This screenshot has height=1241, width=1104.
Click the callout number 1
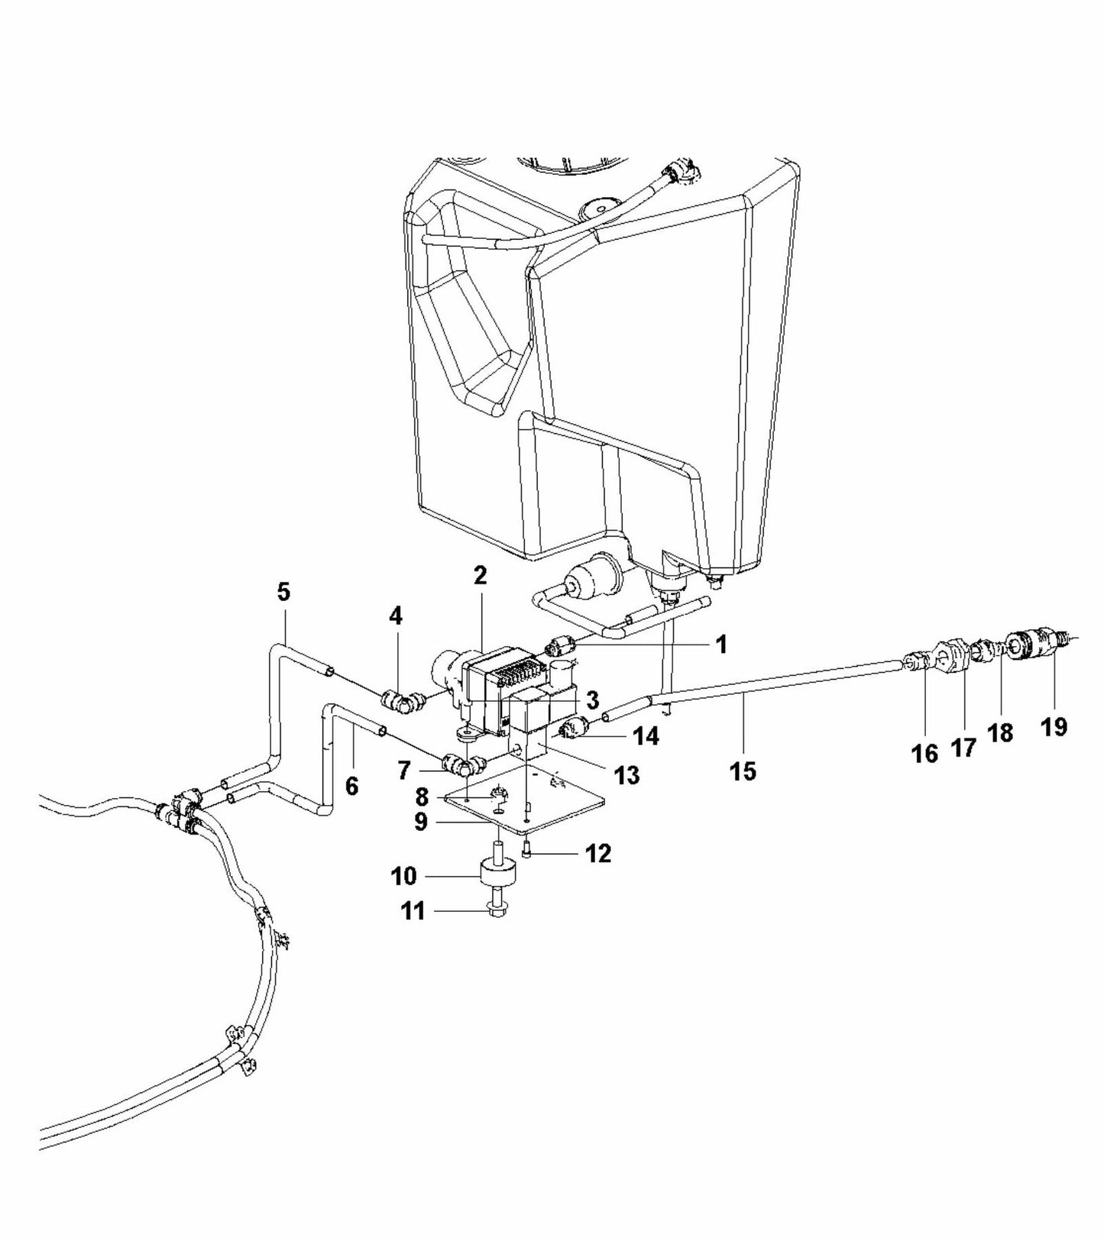pos(720,645)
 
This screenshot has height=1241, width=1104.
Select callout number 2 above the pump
pos(480,576)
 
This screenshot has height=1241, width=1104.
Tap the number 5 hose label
pos(283,592)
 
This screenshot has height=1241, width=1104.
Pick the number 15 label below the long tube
pos(743,771)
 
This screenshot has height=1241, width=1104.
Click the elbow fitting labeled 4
pos(400,699)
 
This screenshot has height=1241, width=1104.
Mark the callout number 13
pos(626,775)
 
